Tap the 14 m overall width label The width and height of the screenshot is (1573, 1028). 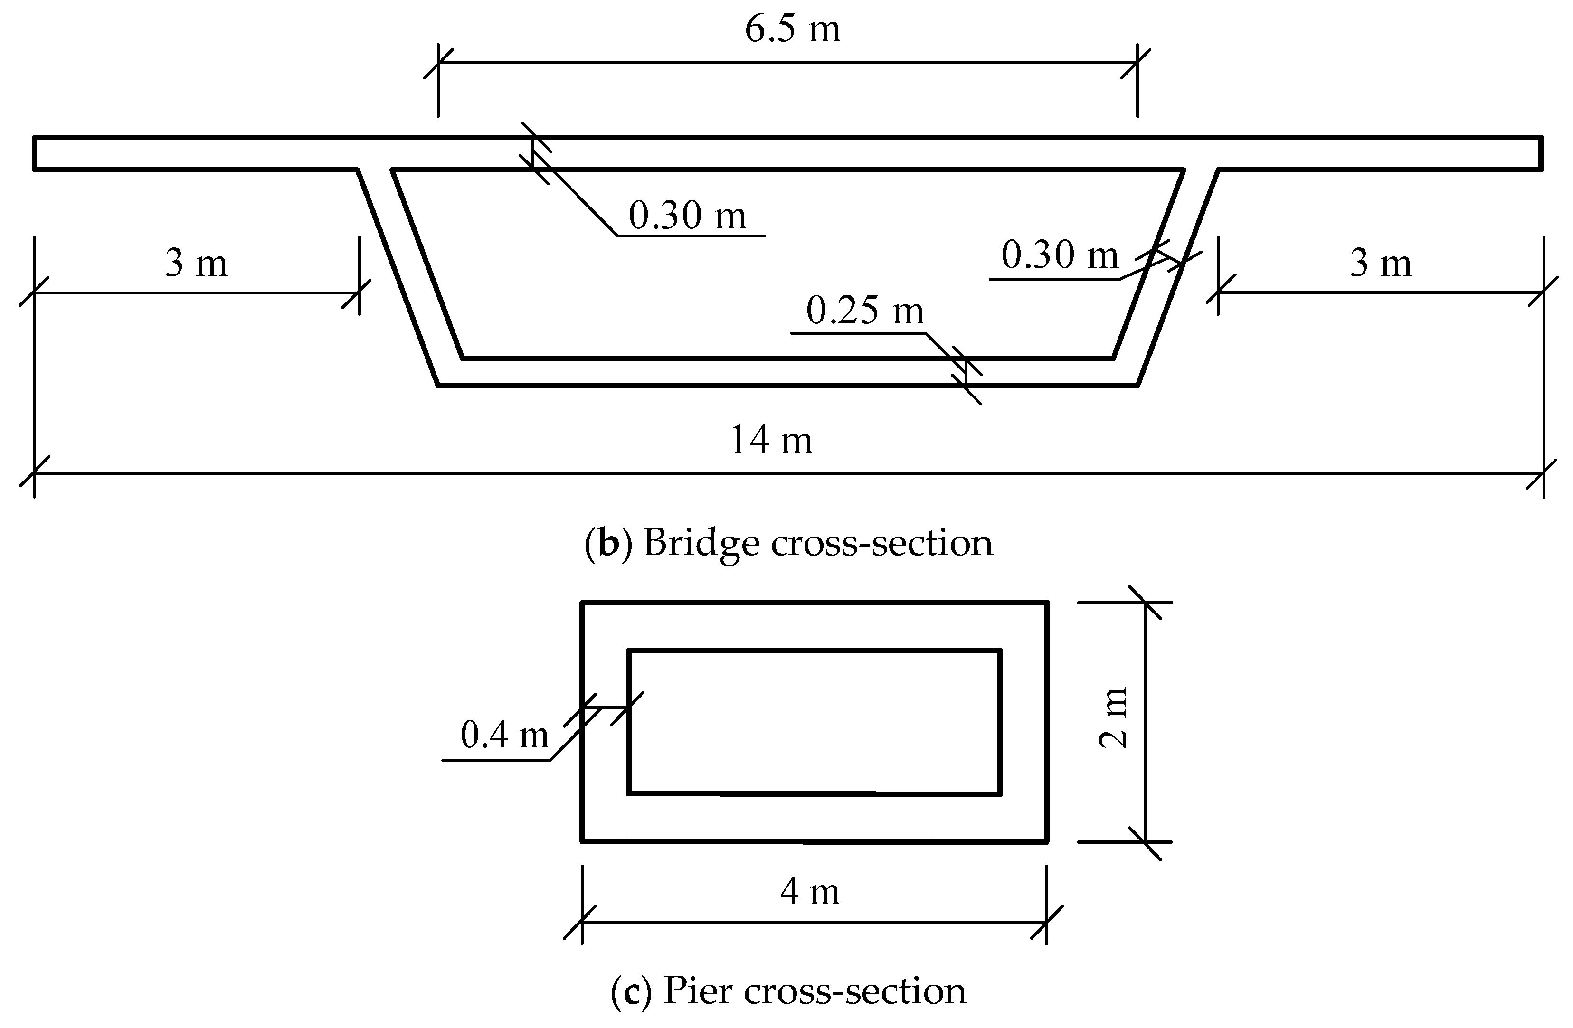coord(771,441)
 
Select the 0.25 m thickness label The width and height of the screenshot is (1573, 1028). coord(864,311)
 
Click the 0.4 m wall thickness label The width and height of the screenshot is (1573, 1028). coord(504,735)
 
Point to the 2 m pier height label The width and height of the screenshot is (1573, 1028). coord(1112,717)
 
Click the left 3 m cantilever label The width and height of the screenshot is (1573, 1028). coord(196,263)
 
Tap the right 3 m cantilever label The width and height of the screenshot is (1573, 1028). coord(1380,263)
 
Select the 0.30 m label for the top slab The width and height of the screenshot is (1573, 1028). coord(687,216)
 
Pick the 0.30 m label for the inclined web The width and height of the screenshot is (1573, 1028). coord(1060,255)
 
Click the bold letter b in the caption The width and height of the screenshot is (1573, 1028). coord(608,543)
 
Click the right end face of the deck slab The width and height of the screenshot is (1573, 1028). coord(1541,153)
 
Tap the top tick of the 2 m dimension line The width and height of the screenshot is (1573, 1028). coord(1146,603)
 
